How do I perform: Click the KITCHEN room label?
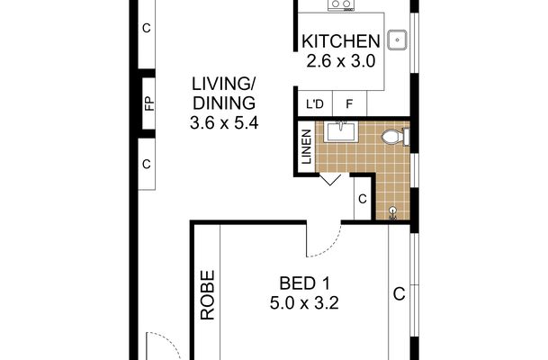coord(341,41)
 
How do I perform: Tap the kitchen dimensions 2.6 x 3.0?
coord(341,61)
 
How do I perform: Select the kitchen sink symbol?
coord(398,40)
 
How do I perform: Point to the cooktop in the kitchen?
coord(341,4)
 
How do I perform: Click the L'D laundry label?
coord(315,103)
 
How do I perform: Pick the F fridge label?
coord(349,103)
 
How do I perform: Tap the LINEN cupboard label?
coord(307,147)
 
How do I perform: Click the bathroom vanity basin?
coord(339,131)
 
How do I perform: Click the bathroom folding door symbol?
coord(330,180)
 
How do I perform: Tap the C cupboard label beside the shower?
coord(363,199)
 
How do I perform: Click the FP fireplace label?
coord(149,103)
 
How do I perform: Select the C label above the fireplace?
coord(147,28)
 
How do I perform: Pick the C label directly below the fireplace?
coord(147,164)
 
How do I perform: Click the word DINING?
coord(224,103)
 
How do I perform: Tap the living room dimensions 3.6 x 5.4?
coord(224,123)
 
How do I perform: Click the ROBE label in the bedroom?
coord(207,295)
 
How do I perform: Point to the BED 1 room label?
coord(304,283)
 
